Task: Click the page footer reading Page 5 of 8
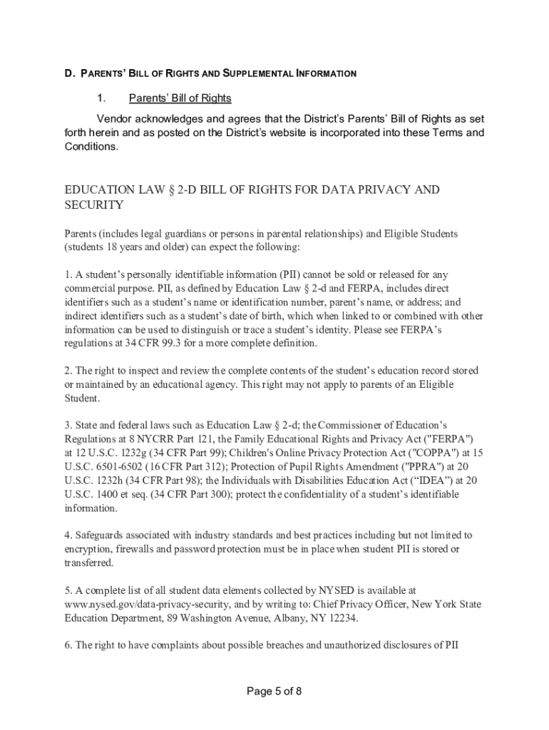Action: click(274, 691)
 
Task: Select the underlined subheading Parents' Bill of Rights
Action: click(180, 98)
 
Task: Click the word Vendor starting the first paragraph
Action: click(116, 118)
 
